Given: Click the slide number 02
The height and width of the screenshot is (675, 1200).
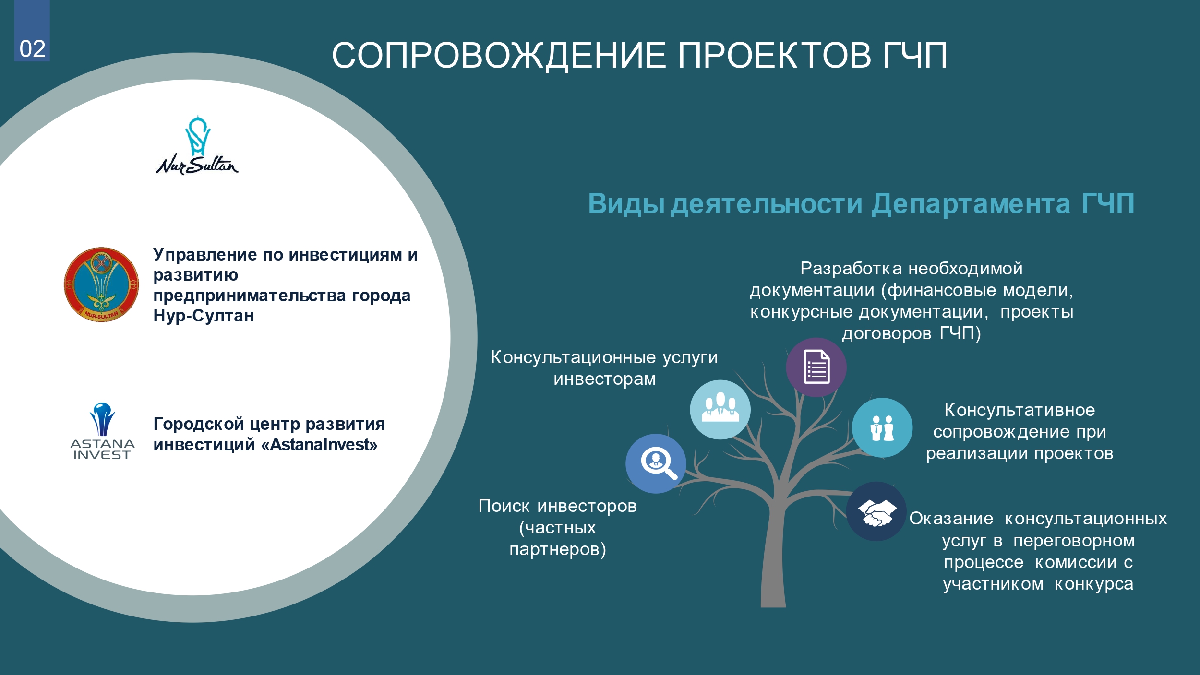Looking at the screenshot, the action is [x=33, y=49].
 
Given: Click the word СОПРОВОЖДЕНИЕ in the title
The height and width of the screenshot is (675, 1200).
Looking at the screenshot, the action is [x=498, y=55].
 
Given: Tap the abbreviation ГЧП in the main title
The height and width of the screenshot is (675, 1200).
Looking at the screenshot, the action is [x=915, y=55].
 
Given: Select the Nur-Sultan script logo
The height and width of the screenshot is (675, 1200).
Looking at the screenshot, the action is [x=197, y=145].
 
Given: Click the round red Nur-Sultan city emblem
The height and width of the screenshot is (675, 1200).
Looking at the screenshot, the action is [x=101, y=284].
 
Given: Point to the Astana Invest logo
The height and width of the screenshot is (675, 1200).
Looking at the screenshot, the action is [x=102, y=431].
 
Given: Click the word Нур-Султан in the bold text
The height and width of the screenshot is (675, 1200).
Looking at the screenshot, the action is [x=204, y=316].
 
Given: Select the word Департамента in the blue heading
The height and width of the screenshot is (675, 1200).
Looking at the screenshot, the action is [x=971, y=204].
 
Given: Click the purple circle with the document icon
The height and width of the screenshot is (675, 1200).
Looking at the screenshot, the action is [x=816, y=367].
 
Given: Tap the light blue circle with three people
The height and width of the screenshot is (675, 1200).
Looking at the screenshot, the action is [x=720, y=409].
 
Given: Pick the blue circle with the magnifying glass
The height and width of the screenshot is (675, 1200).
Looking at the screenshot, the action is [x=656, y=463].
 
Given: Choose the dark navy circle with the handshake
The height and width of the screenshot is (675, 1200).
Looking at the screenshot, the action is [x=876, y=511].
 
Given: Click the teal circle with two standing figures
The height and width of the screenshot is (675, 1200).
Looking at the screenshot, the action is [x=882, y=427].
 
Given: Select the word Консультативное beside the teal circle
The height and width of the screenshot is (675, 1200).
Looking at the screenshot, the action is [x=1020, y=410].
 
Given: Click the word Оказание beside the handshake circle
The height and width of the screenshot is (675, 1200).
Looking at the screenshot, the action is [x=951, y=519].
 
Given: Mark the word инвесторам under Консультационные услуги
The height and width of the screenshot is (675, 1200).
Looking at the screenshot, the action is [x=605, y=379].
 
